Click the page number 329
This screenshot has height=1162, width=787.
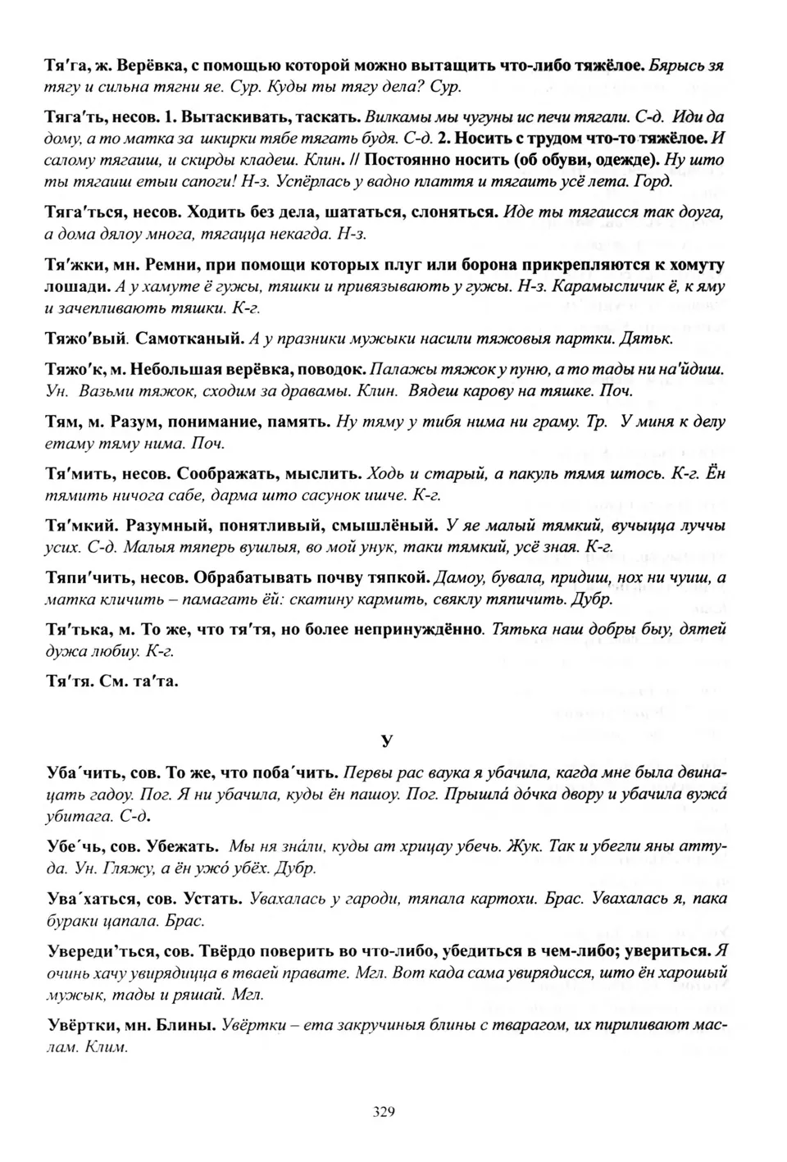click(x=384, y=1112)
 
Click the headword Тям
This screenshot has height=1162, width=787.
click(x=61, y=422)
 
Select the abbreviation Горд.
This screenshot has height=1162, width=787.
click(x=654, y=181)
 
